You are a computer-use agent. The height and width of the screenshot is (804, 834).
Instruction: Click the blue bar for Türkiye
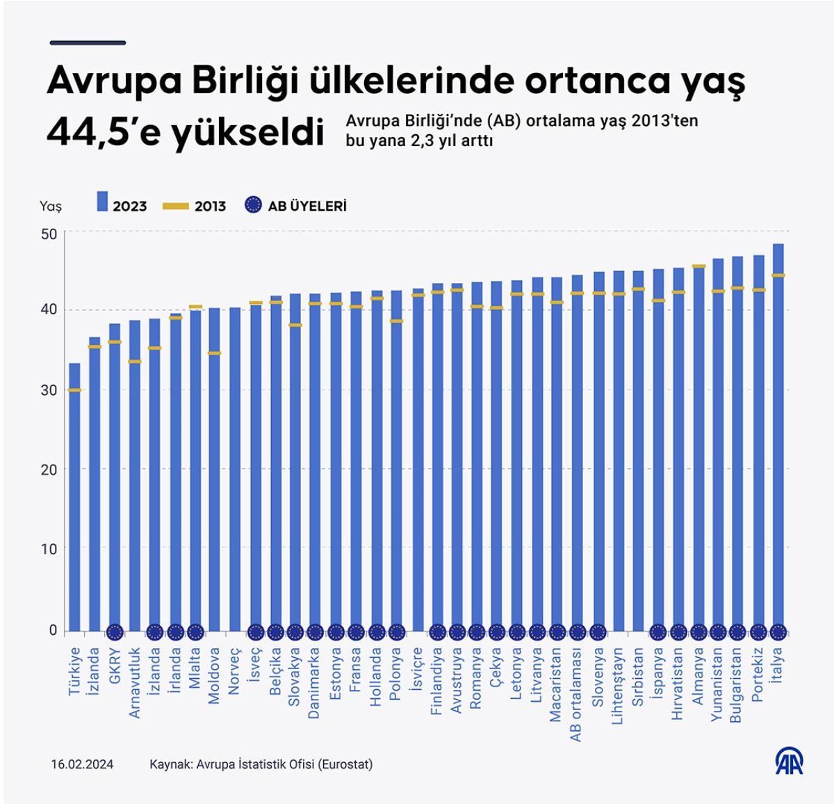coord(74,497)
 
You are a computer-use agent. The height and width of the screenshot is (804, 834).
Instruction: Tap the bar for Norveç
coord(235,469)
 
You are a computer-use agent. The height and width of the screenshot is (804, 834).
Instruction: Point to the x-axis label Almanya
coord(698,675)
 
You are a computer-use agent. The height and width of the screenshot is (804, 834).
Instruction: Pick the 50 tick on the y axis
coord(49,234)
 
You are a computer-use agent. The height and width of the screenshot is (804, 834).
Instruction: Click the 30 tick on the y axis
coord(49,390)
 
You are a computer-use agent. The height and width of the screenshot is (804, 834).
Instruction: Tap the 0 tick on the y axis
coord(53,630)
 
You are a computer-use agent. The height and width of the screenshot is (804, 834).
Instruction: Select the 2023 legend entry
coord(122,205)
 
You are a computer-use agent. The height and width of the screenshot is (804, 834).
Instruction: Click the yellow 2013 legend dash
coord(176,206)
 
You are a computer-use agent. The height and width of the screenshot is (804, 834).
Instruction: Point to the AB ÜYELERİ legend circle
coord(254,205)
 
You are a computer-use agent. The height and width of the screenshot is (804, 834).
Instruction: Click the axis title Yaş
coord(51,206)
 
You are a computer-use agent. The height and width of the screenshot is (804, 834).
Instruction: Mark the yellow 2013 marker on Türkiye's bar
coord(74,390)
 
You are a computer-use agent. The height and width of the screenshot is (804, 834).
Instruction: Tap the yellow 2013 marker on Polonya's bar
coord(396,321)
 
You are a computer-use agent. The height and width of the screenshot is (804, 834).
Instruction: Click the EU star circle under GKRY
coord(115,632)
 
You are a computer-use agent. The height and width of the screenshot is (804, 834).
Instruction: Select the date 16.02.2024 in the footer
coord(82,764)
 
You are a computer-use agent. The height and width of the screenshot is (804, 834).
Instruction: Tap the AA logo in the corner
coord(789,762)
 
